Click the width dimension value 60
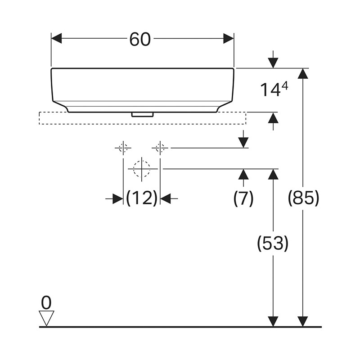(x=139, y=39)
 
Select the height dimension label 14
(x=269, y=90)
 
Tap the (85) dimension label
(x=303, y=198)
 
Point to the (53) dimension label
(x=272, y=243)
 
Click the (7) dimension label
(x=243, y=198)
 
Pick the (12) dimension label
(x=142, y=198)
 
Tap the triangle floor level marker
(x=46, y=317)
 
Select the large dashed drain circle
(x=142, y=169)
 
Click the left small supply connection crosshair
(x=123, y=147)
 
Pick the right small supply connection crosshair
(x=160, y=147)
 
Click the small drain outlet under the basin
(x=142, y=114)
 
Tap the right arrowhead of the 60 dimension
(x=229, y=38)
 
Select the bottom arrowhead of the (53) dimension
(x=273, y=321)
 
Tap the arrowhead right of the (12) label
(x=166, y=198)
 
